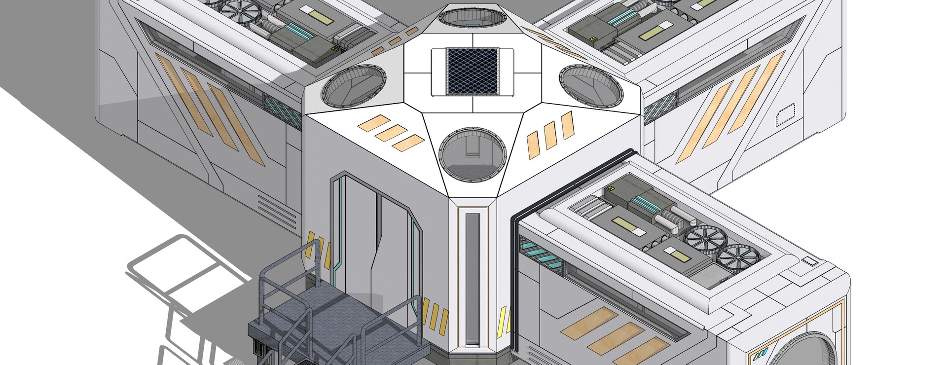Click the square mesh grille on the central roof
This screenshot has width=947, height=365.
[472, 71]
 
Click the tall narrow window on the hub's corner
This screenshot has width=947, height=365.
[472, 279]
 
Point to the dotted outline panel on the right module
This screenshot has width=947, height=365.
[786, 116]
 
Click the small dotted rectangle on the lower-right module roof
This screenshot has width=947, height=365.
[810, 261]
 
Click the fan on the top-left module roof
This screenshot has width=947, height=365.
[240, 10]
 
